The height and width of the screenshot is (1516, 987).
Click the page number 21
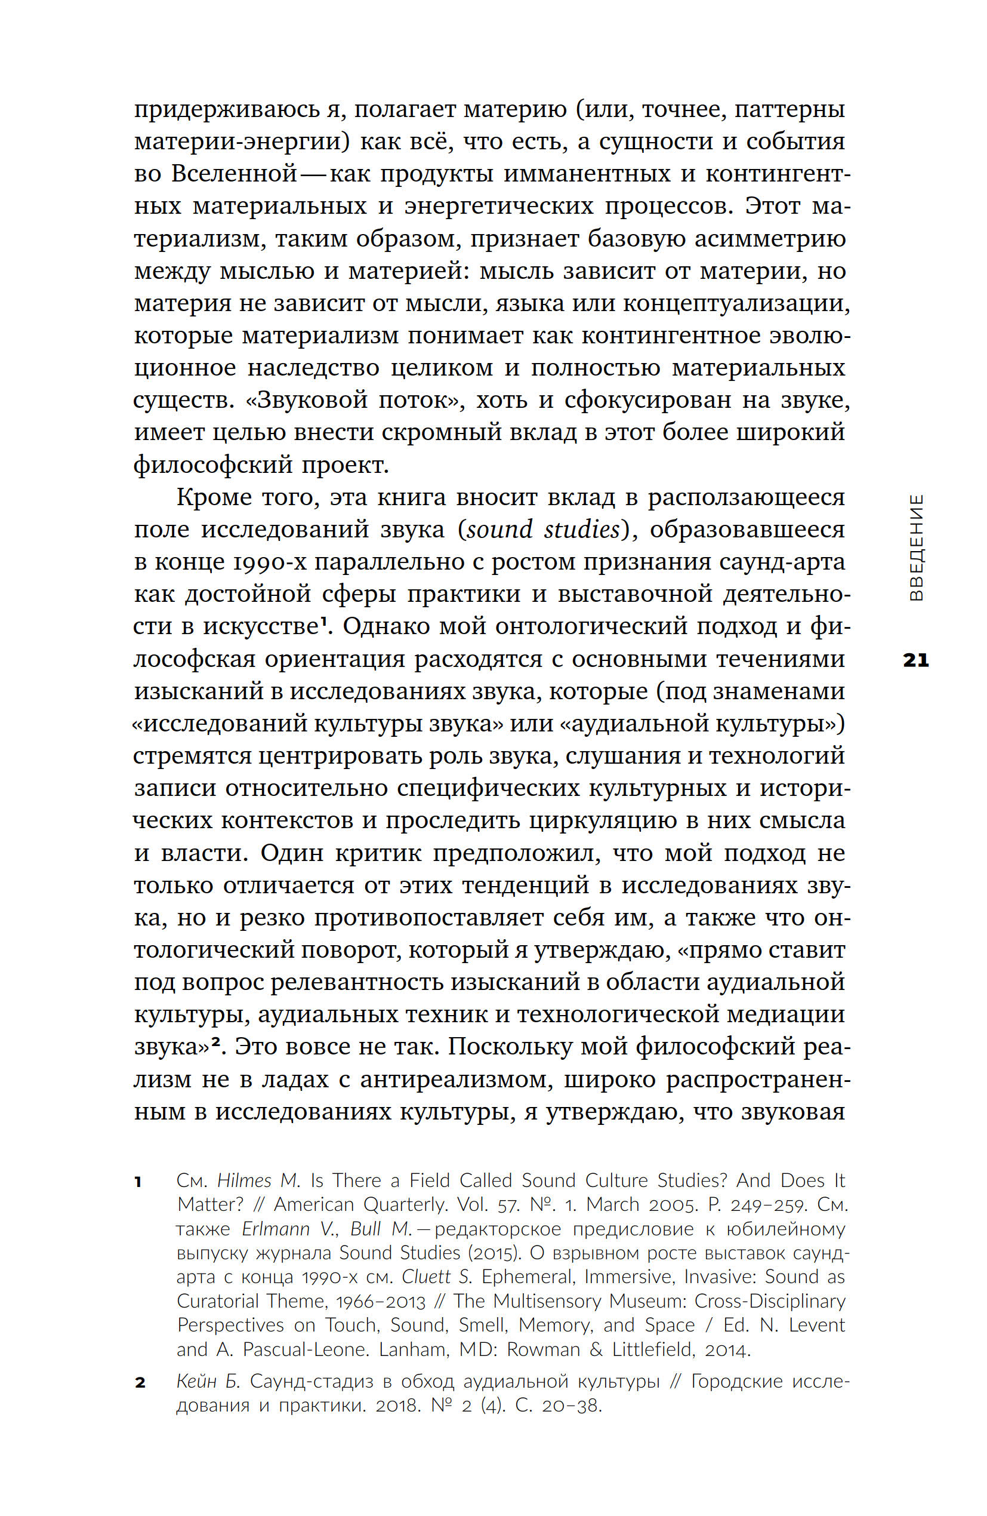(x=915, y=660)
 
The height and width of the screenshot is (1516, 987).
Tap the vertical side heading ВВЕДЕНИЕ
(x=915, y=547)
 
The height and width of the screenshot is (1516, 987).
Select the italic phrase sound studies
(x=543, y=530)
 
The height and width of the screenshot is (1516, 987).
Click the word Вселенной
(x=235, y=174)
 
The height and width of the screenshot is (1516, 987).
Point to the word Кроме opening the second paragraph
(x=215, y=497)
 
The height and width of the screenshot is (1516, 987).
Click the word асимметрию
(x=770, y=239)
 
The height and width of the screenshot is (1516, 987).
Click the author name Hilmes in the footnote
(x=245, y=1181)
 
